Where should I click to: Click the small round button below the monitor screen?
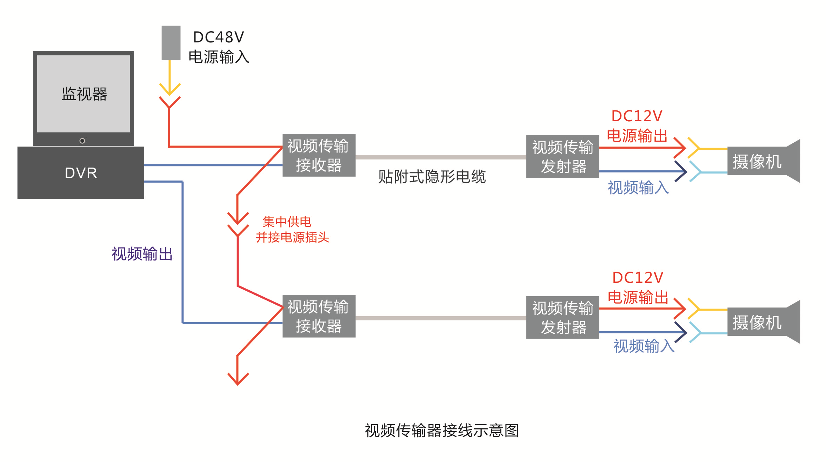(x=82, y=141)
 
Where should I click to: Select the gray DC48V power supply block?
(x=171, y=43)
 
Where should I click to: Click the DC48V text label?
(x=218, y=37)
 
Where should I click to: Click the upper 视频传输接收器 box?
(x=319, y=155)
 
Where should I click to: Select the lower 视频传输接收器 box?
(x=319, y=316)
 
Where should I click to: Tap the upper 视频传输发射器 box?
(x=562, y=157)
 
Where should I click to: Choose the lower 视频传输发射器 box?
(x=562, y=318)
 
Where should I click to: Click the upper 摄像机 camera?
(x=763, y=161)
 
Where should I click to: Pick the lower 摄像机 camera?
(x=763, y=322)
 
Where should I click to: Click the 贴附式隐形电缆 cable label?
(x=432, y=177)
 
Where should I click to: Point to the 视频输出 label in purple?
(x=142, y=254)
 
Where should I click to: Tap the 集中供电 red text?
(x=287, y=222)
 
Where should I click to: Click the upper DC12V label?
(x=637, y=116)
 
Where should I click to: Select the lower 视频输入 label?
(x=644, y=346)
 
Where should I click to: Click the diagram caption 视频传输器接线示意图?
(x=442, y=430)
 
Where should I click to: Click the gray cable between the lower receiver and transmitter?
(x=441, y=318)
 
